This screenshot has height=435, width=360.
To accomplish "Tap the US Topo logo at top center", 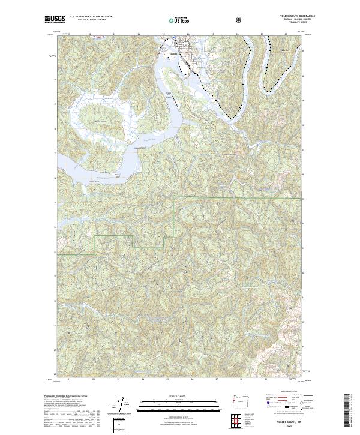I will click(174, 20).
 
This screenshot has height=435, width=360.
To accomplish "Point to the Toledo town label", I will click(173, 54).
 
